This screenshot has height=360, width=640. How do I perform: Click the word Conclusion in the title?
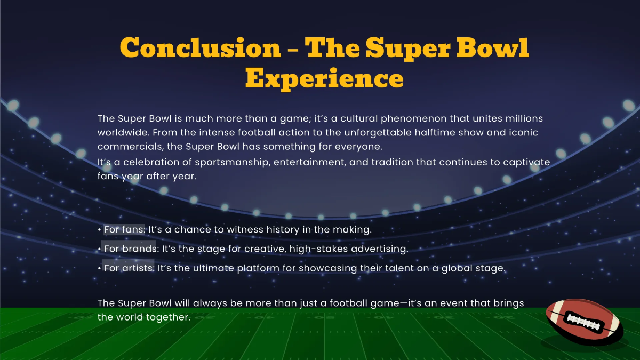200,48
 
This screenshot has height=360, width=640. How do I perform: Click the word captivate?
527,162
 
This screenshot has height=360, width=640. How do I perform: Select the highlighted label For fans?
124,230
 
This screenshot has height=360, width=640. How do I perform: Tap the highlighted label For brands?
130,249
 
